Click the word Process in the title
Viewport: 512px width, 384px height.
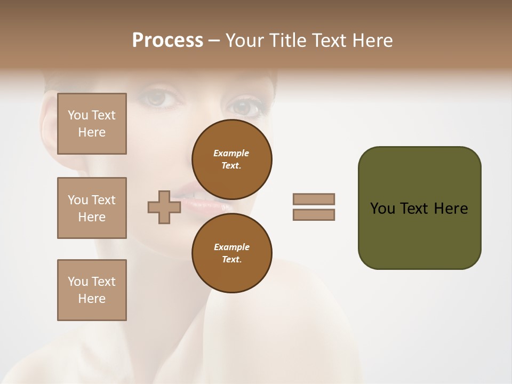tap(167, 41)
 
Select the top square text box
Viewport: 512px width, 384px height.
tap(92, 124)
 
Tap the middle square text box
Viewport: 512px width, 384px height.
tap(92, 208)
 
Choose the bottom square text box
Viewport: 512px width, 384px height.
tap(92, 290)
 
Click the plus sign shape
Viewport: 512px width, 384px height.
tap(164, 207)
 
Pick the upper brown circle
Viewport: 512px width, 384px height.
tap(232, 159)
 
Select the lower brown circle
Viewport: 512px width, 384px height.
tap(232, 253)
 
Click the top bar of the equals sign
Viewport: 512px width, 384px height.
tap(314, 199)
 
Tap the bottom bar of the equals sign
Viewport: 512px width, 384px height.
tap(314, 215)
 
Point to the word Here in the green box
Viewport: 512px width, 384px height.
tap(451, 209)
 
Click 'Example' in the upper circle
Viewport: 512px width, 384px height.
tap(231, 153)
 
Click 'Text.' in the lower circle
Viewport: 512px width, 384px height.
tap(231, 260)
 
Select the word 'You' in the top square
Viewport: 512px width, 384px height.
tap(77, 115)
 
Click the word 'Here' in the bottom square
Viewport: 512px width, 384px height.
tap(92, 299)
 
